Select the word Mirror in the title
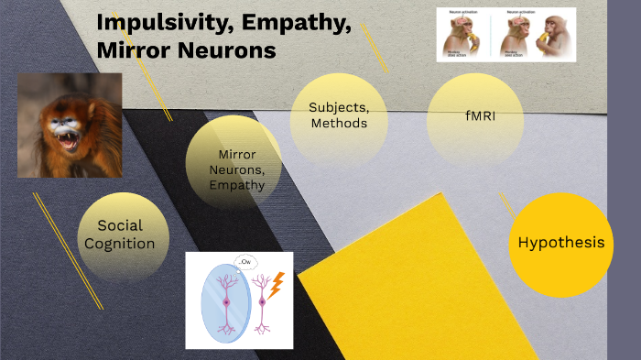134,50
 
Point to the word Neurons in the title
226,50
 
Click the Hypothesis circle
560,243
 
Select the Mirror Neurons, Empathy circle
236,169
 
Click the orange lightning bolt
274,283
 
